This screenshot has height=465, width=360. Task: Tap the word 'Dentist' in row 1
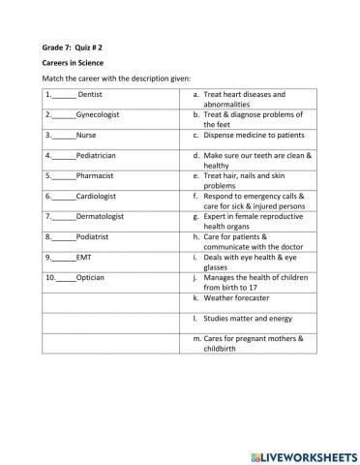89,95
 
